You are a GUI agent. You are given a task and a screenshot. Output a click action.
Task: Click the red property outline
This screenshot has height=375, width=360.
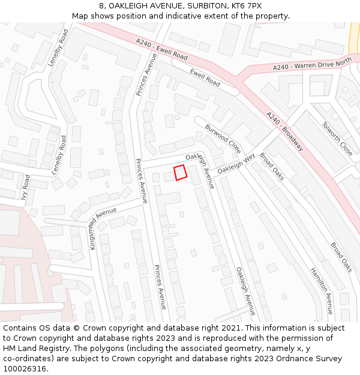(x=180, y=172)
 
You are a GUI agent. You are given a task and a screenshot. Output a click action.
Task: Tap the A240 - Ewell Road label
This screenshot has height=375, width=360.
(x=161, y=50)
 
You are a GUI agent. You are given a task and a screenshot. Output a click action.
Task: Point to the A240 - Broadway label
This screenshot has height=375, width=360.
(x=285, y=131)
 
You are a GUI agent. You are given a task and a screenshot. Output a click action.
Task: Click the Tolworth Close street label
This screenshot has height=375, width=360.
(x=338, y=139)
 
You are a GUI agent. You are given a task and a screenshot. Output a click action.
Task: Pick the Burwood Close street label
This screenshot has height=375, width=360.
(x=223, y=139)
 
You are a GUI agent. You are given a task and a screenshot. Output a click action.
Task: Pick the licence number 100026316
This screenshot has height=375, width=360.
(x=25, y=369)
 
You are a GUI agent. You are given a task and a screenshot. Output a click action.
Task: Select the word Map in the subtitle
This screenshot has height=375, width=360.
(x=80, y=16)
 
